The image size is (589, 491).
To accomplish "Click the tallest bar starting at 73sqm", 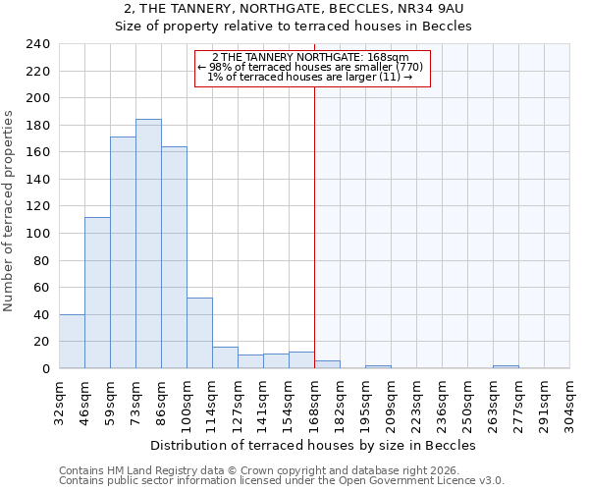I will click(148, 244).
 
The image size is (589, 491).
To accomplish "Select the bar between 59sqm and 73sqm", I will click(123, 252).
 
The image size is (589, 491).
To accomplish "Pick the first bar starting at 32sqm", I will click(72, 341).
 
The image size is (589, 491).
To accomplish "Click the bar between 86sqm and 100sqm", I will click(174, 257).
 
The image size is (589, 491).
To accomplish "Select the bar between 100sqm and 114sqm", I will click(199, 333).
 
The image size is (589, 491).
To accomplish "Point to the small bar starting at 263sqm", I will click(506, 366).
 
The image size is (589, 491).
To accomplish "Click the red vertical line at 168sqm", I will click(314, 226).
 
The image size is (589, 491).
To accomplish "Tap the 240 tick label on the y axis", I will click(37, 44).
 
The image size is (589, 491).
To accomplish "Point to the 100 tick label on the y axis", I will click(37, 234).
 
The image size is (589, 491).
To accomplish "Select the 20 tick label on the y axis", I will click(41, 342).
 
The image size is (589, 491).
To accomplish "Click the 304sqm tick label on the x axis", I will click(569, 402).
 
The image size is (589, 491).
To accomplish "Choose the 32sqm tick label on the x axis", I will click(59, 402).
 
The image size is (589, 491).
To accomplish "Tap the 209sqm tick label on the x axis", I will click(391, 402).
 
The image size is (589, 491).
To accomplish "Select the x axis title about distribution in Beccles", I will click(313, 445).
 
